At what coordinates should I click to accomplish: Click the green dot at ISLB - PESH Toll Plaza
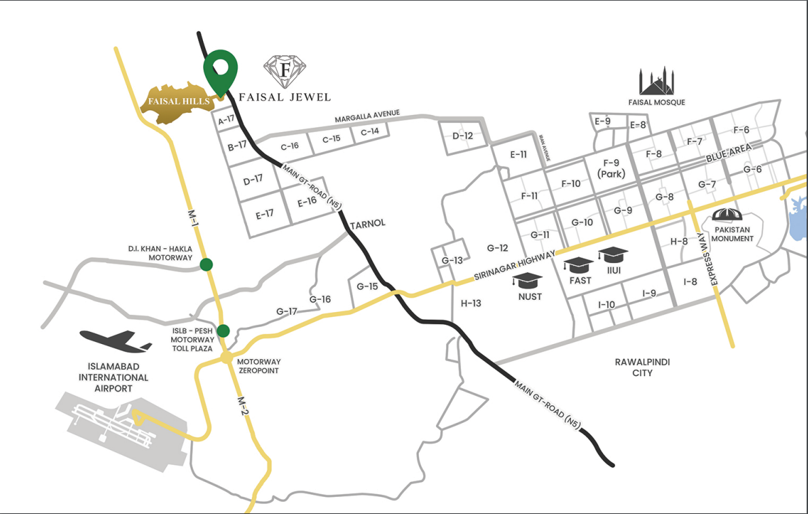click(223, 331)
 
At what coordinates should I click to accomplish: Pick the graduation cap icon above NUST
click(528, 280)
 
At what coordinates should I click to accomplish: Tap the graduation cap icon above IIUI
click(612, 255)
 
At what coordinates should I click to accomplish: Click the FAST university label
click(581, 280)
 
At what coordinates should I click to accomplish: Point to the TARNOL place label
click(367, 224)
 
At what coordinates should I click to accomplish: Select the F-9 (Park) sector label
click(611, 168)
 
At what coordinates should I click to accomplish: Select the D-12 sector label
click(462, 135)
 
